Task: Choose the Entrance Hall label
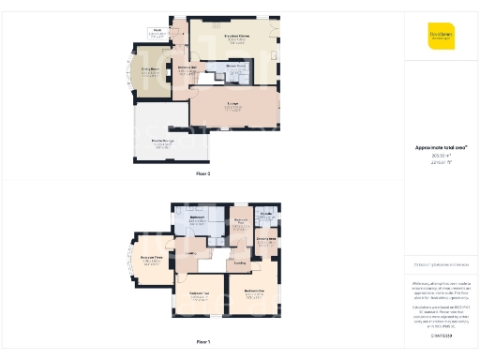[x=186, y=67]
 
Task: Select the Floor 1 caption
[x=203, y=342]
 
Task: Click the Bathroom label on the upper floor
[x=198, y=217]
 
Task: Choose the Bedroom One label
[x=253, y=291]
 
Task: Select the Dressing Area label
[x=265, y=238]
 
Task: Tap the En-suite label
[x=266, y=215]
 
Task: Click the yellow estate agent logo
[x=441, y=35]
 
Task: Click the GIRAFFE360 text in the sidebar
[x=441, y=335]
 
